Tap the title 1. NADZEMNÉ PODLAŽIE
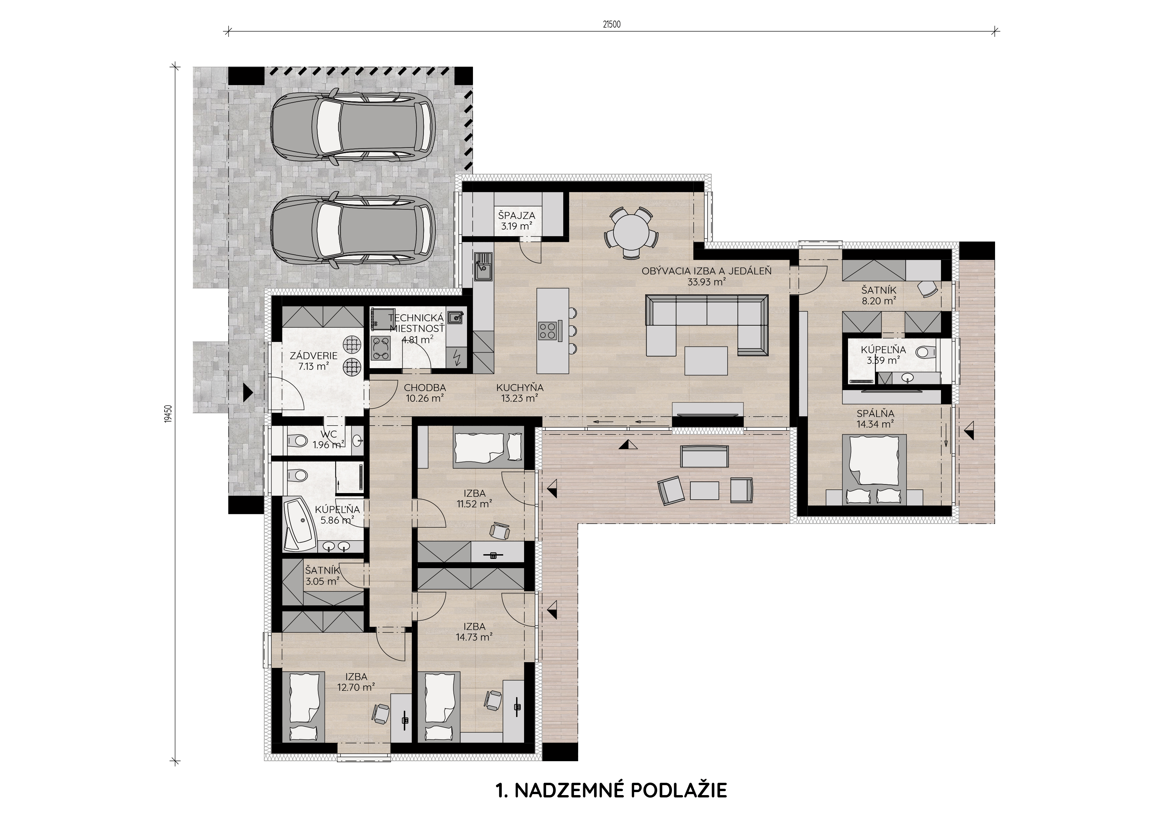tap(611, 790)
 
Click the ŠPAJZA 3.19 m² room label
tap(516, 221)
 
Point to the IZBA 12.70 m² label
tap(356, 681)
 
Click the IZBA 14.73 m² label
tap(474, 632)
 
